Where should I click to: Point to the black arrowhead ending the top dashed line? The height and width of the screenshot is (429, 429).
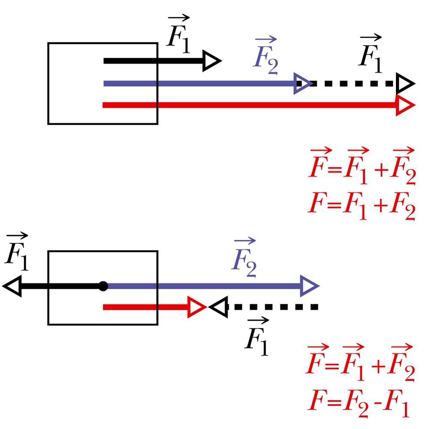tap(406, 83)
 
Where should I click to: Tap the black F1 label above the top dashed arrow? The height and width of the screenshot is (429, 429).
tap(370, 54)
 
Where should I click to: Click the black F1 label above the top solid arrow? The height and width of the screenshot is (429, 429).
tap(178, 34)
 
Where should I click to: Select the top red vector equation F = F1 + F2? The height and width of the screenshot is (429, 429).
tap(362, 166)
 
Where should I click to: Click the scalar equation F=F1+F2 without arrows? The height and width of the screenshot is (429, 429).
tap(362, 206)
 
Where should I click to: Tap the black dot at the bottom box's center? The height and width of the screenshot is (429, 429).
tap(103, 286)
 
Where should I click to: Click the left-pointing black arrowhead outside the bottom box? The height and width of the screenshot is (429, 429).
tap(12, 286)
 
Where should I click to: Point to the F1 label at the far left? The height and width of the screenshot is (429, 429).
tap(17, 252)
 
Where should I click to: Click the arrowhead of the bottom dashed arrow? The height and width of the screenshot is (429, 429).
tap(218, 307)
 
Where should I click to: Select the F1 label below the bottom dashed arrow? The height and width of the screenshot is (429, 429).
tap(257, 336)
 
